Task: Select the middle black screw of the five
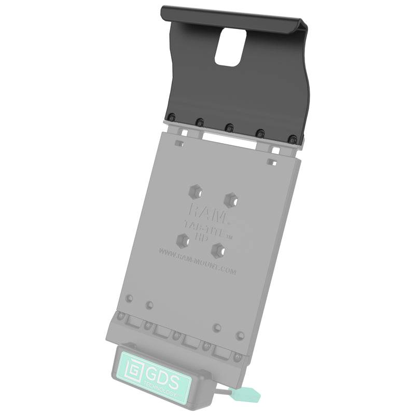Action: (229, 127)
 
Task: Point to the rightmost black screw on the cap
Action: (294, 139)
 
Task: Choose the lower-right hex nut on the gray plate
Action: (218, 250)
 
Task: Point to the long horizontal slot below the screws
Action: (229, 139)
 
